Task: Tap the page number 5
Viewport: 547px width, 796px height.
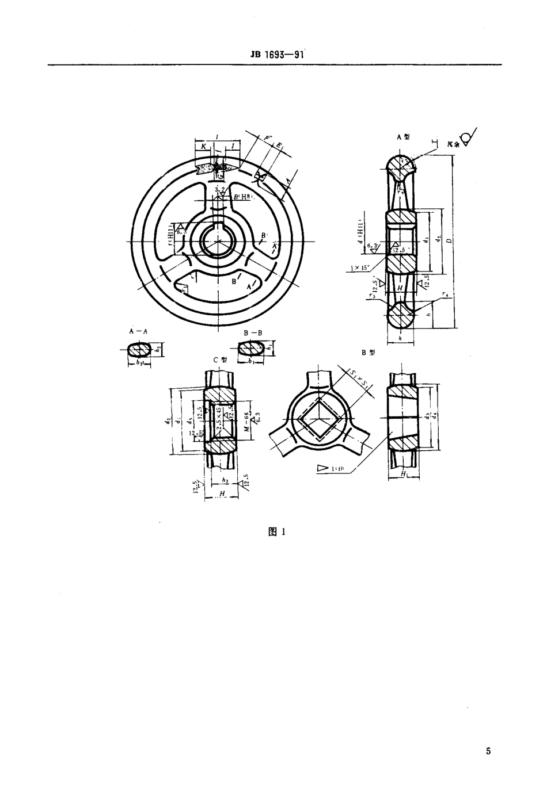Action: click(488, 751)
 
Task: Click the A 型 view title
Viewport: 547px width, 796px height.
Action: click(403, 137)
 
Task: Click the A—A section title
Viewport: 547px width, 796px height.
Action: click(138, 332)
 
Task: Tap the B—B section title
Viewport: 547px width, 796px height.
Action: click(252, 332)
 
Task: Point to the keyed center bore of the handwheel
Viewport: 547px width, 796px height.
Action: click(218, 241)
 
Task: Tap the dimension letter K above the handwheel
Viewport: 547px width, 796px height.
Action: click(204, 147)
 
